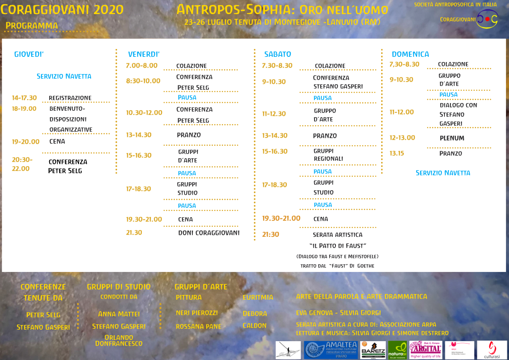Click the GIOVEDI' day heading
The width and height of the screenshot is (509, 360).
(x=29, y=54)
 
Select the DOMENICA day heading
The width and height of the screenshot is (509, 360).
(x=410, y=54)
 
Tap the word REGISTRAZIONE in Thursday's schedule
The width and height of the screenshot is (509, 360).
(x=70, y=98)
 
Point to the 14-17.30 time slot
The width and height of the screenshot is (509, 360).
(x=24, y=98)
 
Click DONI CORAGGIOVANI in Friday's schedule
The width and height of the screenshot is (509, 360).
(x=209, y=233)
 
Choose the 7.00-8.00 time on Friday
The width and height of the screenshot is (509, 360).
(x=141, y=65)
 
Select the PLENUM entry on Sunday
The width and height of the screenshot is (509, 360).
(x=452, y=138)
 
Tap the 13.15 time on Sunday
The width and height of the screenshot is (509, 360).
(x=396, y=153)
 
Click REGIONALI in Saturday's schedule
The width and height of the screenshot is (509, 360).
(x=328, y=159)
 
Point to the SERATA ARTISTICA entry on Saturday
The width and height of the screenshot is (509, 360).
(x=338, y=235)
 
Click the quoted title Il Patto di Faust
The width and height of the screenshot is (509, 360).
(x=338, y=246)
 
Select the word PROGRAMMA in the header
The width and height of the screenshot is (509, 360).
(x=32, y=26)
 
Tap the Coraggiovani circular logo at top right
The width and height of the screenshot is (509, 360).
(x=487, y=19)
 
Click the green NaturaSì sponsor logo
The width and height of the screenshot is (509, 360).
(x=397, y=350)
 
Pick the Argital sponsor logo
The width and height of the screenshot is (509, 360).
(x=425, y=350)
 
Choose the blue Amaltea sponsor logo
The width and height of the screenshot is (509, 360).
(x=330, y=350)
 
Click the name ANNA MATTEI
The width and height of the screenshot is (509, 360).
(x=119, y=314)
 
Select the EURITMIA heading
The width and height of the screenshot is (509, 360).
(x=258, y=297)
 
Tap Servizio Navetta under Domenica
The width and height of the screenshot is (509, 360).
(x=443, y=173)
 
